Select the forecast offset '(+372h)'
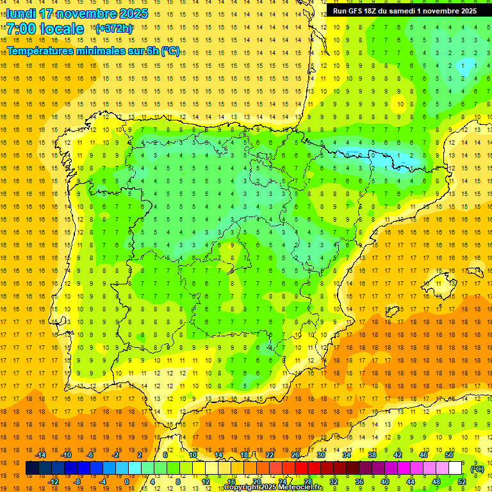pyautogui.click(x=113, y=28)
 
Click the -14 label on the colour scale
pyautogui.click(x=40, y=455)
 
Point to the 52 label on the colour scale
pyautogui.click(x=462, y=482)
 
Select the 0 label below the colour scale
pyautogui.click(x=126, y=482)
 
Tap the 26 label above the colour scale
pyautogui.click(x=295, y=455)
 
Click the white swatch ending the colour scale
pyautogui.click(x=455, y=468)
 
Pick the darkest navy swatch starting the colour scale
pyautogui.click(x=32, y=468)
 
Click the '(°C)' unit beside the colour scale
pyautogui.click(x=477, y=468)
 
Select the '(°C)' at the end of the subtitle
pyautogui.click(x=170, y=51)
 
